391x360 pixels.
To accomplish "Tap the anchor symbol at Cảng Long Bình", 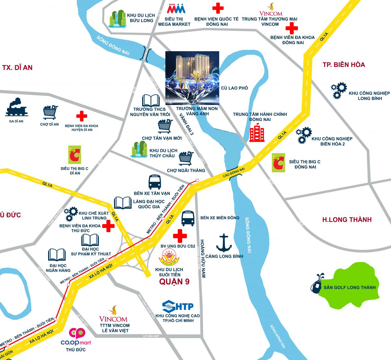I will tap(224, 243).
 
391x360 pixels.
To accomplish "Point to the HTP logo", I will tap(178, 306).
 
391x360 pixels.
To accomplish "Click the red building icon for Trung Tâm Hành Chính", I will tap(257, 133).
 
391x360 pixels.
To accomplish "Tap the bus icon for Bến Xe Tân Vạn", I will tap(154, 182).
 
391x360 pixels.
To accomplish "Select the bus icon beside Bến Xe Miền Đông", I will tap(188, 218).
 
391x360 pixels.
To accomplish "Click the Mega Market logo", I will tap(176, 9).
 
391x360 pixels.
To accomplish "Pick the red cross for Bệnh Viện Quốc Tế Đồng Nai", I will tap(218, 8).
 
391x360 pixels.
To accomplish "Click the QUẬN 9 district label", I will tap(174, 282).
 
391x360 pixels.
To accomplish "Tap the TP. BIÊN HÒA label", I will tap(344, 65).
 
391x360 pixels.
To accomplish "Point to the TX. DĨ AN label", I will tap(17, 68).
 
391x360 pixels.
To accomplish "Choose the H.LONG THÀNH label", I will tap(347, 220).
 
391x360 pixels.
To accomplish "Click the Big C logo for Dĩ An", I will tap(74, 155).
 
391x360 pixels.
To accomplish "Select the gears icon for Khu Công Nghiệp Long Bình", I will tap(339, 90).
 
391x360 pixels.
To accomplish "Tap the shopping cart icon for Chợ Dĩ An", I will tap(51, 112).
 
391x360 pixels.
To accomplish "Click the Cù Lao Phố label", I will tap(234, 88).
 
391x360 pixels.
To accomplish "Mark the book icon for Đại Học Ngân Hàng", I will tap(57, 255).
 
